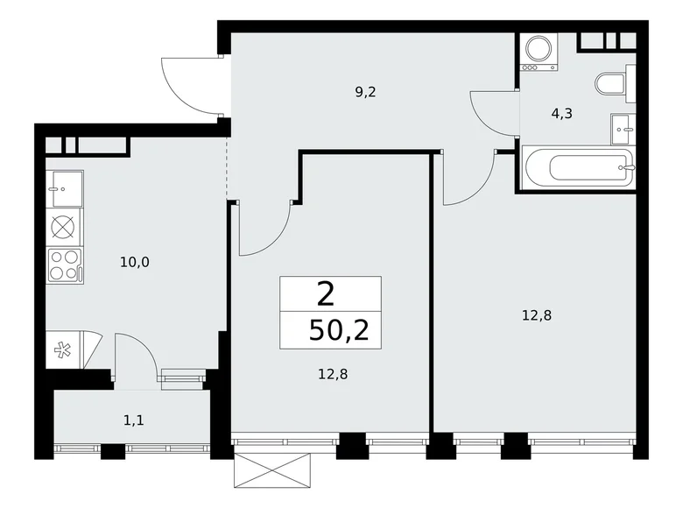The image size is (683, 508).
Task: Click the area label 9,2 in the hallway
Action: point(366,90)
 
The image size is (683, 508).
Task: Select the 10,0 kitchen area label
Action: point(136,260)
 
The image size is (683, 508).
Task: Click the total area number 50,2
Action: point(331,328)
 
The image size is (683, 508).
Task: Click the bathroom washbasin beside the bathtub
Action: point(623,128)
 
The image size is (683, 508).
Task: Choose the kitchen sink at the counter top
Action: point(66,187)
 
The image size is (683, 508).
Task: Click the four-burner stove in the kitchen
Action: point(65,265)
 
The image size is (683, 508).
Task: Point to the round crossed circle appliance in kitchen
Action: point(65,226)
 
